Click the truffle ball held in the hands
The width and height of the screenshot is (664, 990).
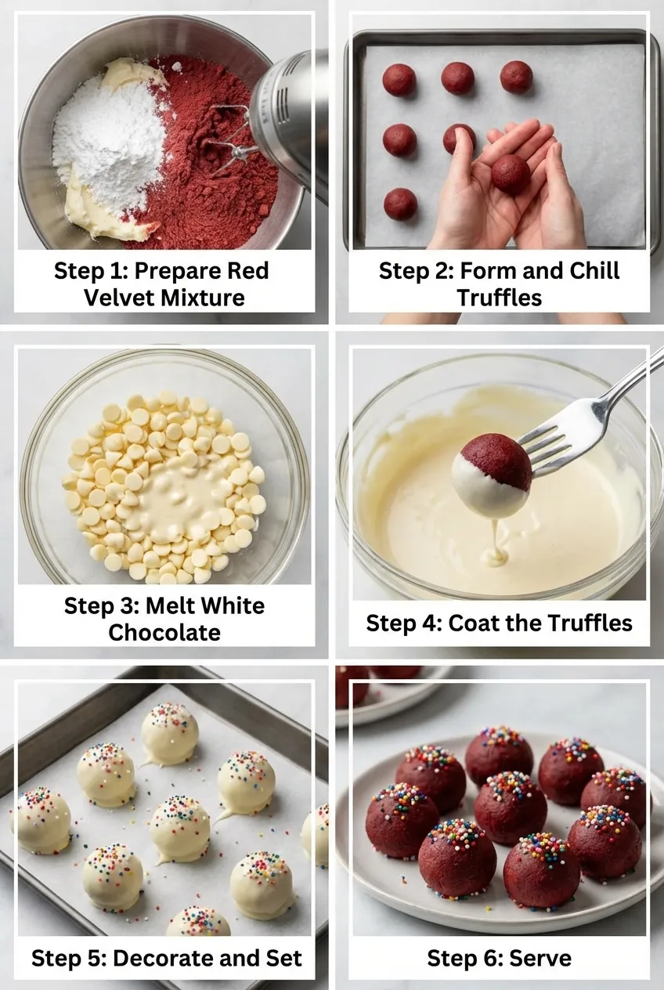tap(511, 174)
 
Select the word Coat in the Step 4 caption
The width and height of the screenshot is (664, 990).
tap(475, 623)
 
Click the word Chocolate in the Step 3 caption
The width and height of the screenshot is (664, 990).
tap(164, 632)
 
